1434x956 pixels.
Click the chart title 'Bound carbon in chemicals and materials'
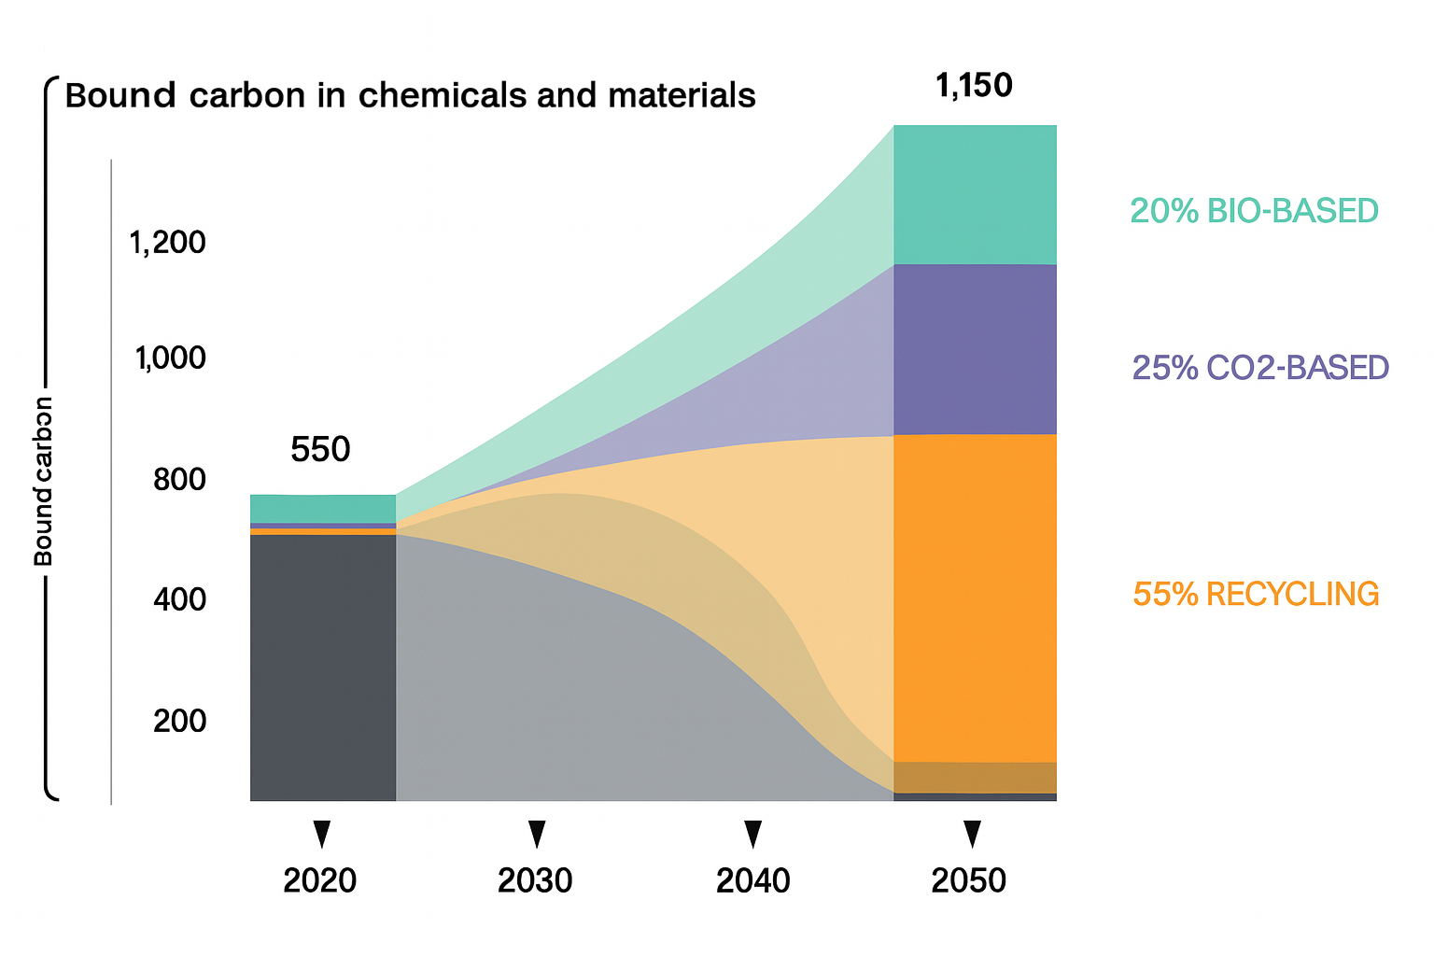[410, 96]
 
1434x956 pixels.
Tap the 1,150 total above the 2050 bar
[974, 86]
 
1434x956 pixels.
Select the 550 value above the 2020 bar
[320, 450]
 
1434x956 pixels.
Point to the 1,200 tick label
[167, 243]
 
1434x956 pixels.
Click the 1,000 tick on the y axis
[170, 358]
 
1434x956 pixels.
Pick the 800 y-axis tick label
[179, 479]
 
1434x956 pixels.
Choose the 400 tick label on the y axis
[179, 599]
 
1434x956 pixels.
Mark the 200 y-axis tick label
[179, 721]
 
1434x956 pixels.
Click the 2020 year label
[319, 880]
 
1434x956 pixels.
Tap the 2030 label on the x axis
[535, 880]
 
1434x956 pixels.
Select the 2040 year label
[752, 880]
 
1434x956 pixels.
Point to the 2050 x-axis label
[969, 880]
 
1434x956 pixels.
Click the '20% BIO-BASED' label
[1254, 211]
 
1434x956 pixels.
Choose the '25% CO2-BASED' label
[1260, 368]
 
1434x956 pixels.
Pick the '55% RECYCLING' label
[1256, 594]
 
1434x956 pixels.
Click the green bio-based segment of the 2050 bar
[975, 194]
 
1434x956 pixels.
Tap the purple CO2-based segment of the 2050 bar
[975, 349]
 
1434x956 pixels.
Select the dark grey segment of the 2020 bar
[323, 667]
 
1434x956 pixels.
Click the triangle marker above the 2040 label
[752, 833]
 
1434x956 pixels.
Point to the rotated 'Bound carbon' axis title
[43, 482]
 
